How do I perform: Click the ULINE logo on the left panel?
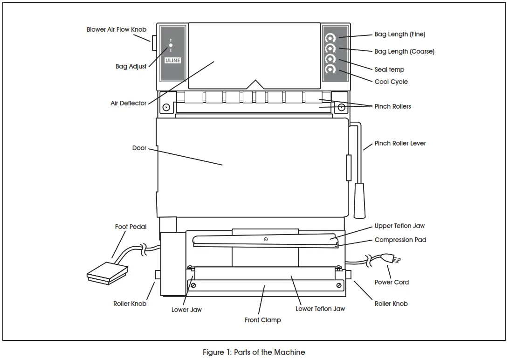tap(172, 60)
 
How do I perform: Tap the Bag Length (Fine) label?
tap(399, 34)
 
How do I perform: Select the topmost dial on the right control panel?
tap(330, 38)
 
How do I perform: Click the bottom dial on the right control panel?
tap(330, 69)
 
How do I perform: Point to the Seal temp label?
tap(389, 69)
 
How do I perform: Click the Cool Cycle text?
tap(391, 82)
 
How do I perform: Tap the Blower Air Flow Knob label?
tap(117, 29)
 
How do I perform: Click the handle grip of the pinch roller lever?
tap(359, 201)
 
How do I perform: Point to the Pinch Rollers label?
tap(392, 106)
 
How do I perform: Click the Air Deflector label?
tap(128, 103)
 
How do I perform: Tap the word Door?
tap(139, 148)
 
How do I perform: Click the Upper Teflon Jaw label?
tap(399, 226)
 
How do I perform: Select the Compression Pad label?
tap(400, 240)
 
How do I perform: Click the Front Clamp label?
tap(263, 320)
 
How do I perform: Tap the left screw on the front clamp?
tap(193, 285)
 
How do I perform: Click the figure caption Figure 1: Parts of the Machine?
tap(254, 352)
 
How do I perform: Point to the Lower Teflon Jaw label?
tap(320, 308)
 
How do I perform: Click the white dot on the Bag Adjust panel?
tap(171, 45)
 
